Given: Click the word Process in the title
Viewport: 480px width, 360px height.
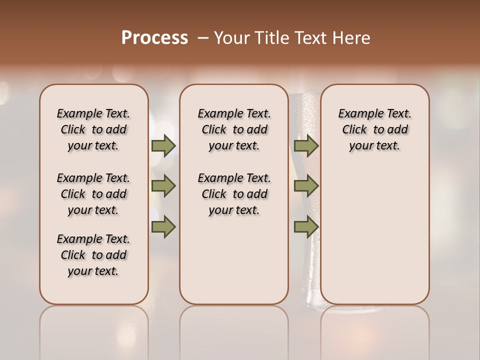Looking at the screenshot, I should click(154, 38).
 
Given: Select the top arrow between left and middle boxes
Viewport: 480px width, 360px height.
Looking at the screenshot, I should click(163, 145).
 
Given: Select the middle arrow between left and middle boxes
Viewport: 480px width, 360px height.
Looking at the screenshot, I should click(163, 186).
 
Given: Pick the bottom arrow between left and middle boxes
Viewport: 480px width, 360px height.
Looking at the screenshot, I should click(163, 227).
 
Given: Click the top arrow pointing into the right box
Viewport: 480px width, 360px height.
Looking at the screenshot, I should click(306, 145).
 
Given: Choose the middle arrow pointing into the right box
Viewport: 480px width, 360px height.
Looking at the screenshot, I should click(306, 186).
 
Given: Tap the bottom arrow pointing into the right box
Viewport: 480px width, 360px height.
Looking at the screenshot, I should click(306, 227).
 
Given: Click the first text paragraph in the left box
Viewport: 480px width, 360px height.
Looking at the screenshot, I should click(93, 129).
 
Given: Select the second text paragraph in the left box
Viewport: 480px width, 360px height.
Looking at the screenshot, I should click(93, 194).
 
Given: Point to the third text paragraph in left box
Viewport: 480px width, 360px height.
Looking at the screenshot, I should click(93, 255).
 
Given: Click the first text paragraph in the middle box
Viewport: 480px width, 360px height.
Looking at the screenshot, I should click(234, 129).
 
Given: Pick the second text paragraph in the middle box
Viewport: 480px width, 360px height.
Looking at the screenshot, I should click(234, 194).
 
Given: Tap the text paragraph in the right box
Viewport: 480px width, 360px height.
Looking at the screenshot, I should click(374, 129).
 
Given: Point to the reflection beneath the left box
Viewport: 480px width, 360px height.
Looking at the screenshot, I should click(93, 330).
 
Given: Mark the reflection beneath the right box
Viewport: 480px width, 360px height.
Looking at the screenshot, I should click(374, 330).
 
